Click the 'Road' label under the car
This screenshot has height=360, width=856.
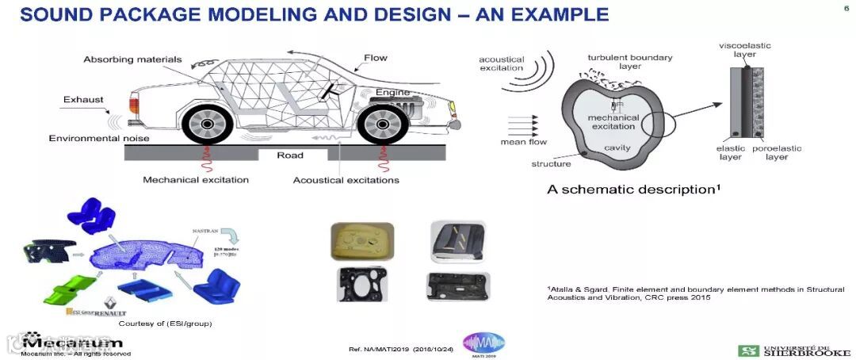289,155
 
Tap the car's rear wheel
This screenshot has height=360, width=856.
208,124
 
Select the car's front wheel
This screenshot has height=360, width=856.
382,124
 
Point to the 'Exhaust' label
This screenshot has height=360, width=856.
81,101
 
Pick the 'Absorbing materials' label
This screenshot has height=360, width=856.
132,59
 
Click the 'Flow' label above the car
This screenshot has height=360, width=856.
376,58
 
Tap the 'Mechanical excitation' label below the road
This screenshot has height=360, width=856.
196,180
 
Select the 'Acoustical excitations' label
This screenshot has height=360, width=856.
346,180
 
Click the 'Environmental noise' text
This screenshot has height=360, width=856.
99,138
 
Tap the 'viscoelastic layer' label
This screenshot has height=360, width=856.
744,51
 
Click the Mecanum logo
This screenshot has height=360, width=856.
73,343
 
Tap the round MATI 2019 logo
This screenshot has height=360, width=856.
483,344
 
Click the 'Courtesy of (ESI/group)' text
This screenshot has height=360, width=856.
165,324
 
